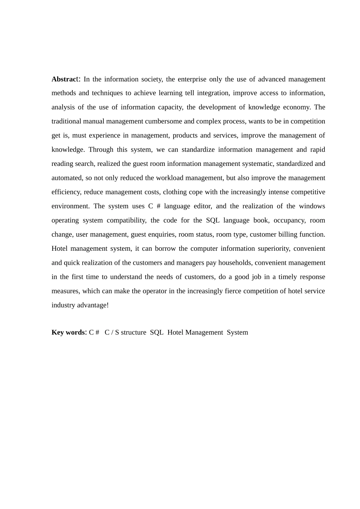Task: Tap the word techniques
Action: [107, 93]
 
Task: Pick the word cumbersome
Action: [164, 122]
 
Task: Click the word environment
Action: [70, 206]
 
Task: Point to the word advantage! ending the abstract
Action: [93, 305]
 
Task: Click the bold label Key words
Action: [68, 333]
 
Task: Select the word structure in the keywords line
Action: [133, 333]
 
